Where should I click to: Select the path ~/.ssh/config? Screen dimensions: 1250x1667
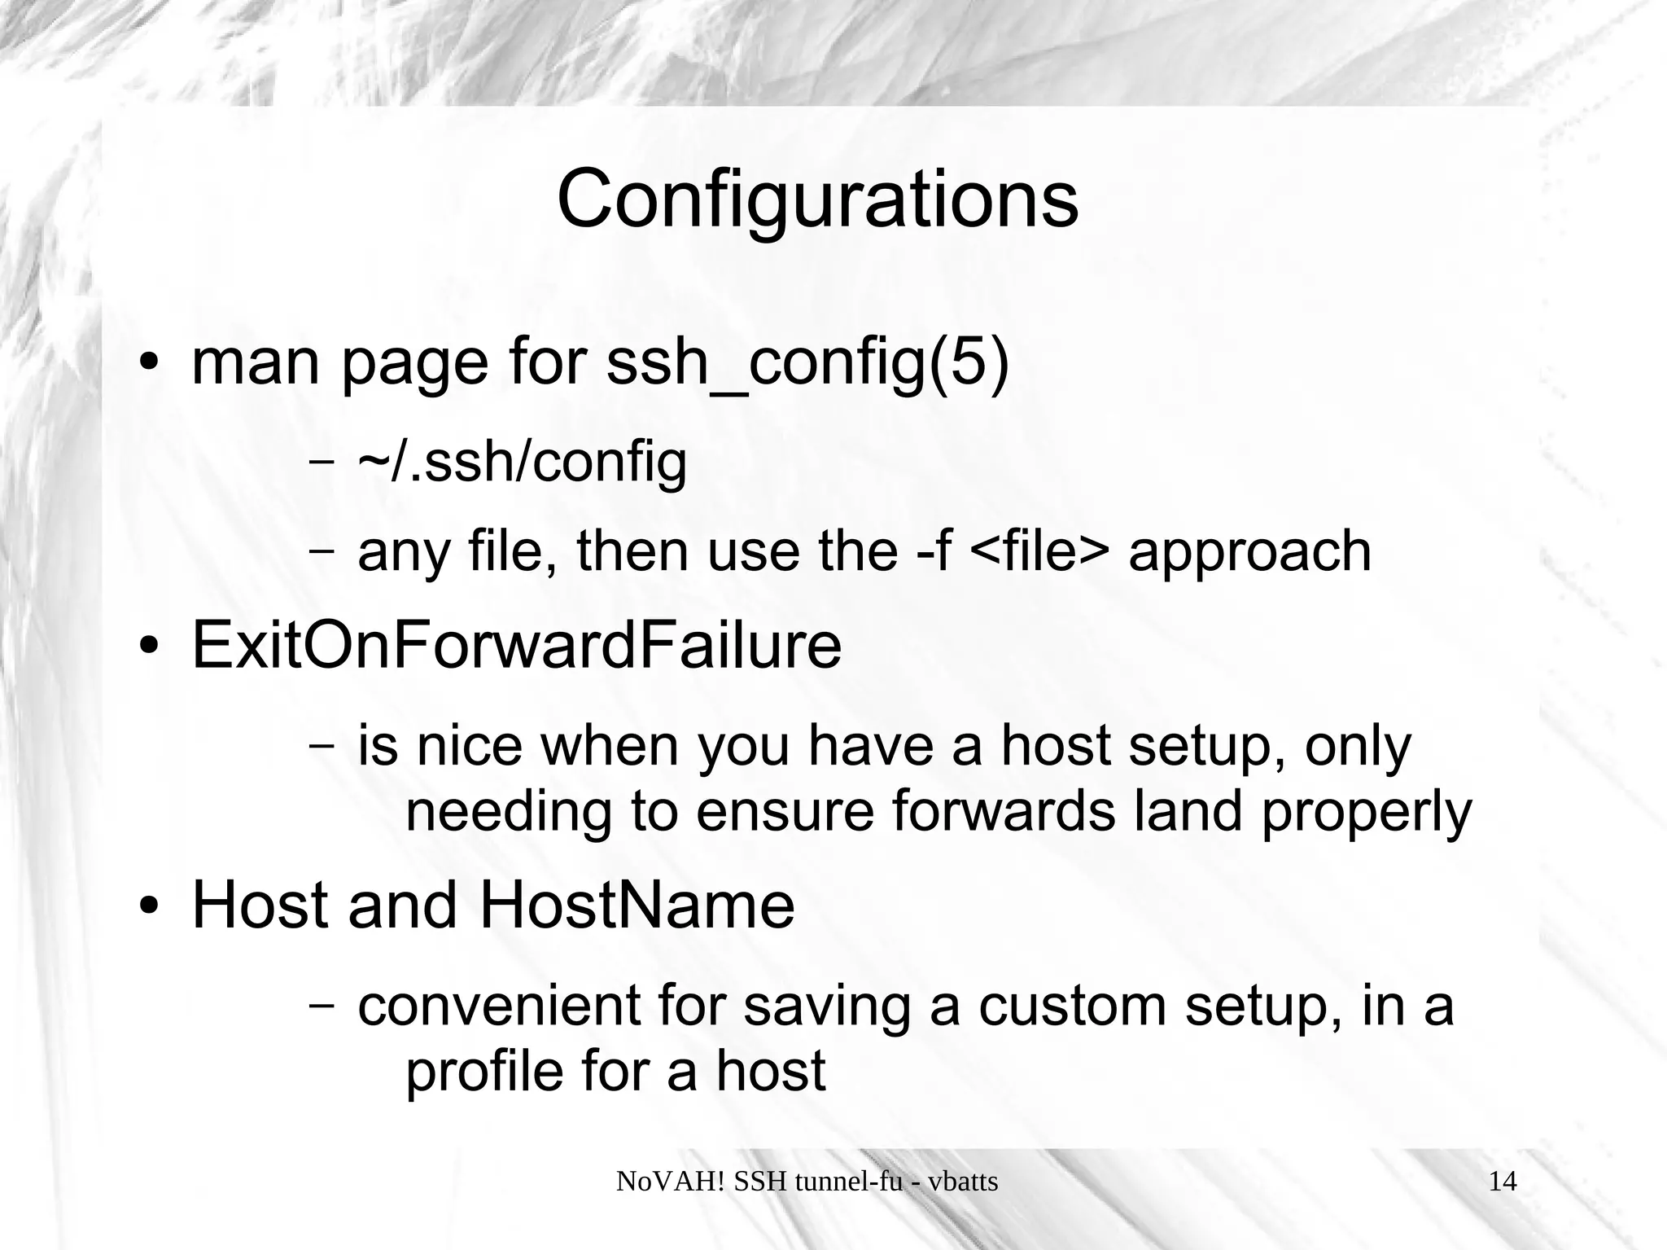[522, 462]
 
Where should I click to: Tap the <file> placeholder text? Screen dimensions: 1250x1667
[1039, 550]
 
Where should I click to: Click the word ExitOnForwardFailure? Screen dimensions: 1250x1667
[516, 646]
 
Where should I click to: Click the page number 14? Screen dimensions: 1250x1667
[1503, 1181]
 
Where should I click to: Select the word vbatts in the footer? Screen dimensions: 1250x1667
[963, 1181]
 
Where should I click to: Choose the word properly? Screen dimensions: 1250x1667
[1367, 813]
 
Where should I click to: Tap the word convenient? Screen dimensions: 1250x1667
[499, 1006]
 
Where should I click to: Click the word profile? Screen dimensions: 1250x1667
[483, 1072]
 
